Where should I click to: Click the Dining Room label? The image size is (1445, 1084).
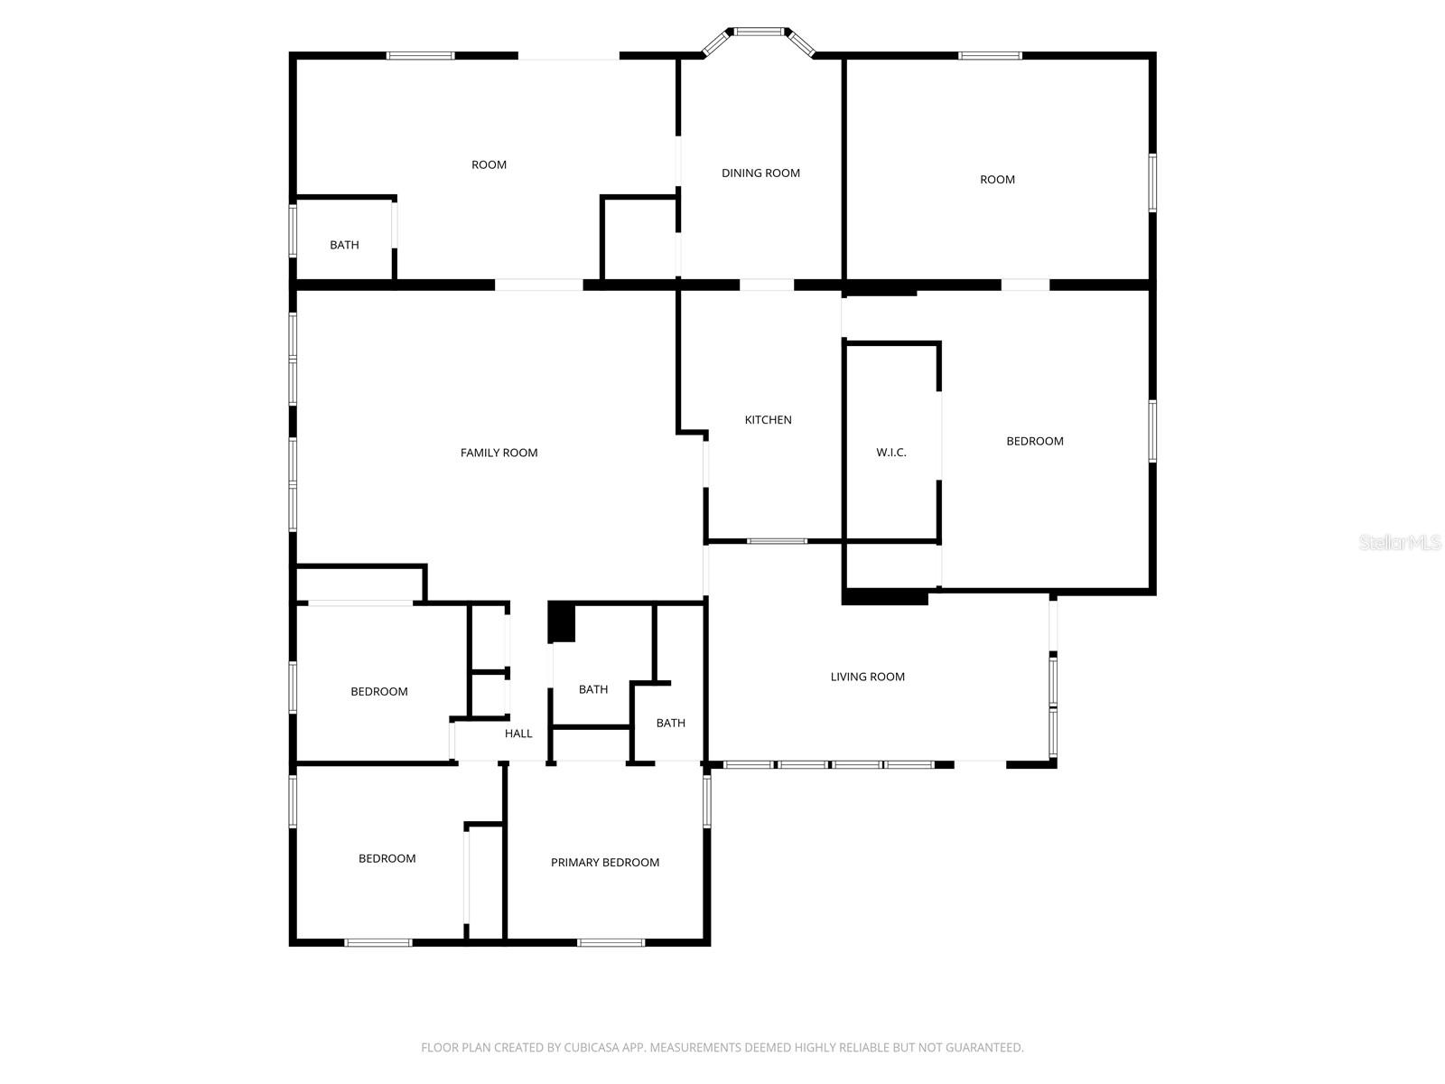pyautogui.click(x=760, y=173)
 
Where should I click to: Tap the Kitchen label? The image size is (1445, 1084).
pyautogui.click(x=768, y=420)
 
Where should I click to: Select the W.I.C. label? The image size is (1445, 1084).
pyautogui.click(x=890, y=453)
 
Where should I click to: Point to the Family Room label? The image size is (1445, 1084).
pyautogui.click(x=499, y=453)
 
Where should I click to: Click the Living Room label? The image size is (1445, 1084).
pyautogui.click(x=867, y=677)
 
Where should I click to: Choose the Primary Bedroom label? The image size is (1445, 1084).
pyautogui.click(x=605, y=863)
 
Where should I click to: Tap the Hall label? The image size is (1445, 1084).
pyautogui.click(x=518, y=734)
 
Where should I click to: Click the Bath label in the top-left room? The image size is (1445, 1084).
pyautogui.click(x=344, y=245)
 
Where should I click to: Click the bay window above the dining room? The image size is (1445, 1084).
pyautogui.click(x=760, y=33)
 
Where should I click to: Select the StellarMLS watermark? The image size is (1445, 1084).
pyautogui.click(x=1399, y=543)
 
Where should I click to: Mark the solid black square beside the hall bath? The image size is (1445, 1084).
pyautogui.click(x=562, y=622)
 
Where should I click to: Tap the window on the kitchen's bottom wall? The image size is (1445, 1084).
pyautogui.click(x=777, y=541)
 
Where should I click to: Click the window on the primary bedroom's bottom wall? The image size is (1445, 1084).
pyautogui.click(x=611, y=943)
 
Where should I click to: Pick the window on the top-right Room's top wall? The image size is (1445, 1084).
pyautogui.click(x=990, y=56)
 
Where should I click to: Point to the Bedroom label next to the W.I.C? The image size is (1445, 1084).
pyautogui.click(x=1035, y=442)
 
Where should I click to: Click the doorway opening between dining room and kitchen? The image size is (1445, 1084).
pyautogui.click(x=767, y=285)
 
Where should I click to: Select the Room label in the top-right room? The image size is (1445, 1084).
pyautogui.click(x=997, y=180)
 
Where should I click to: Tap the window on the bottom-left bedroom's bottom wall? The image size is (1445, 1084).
pyautogui.click(x=378, y=943)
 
